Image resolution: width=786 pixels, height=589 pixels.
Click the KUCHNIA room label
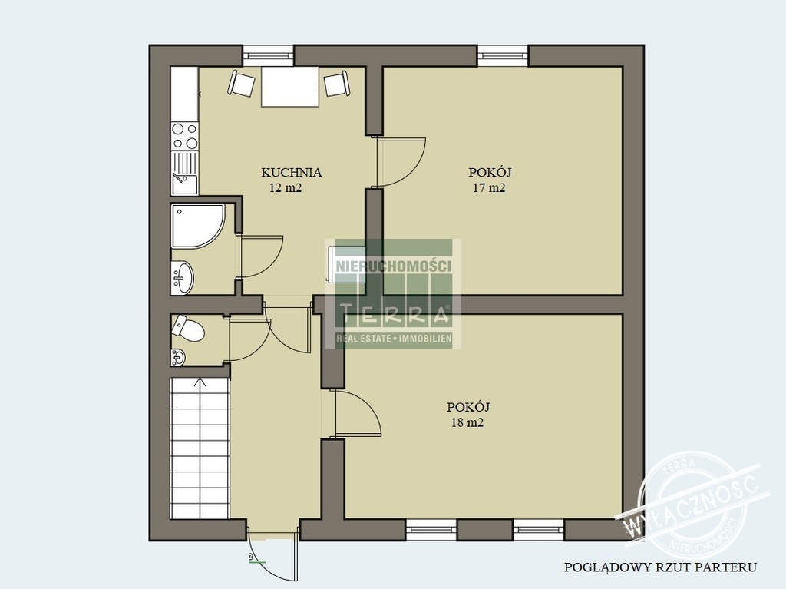[x=291, y=173]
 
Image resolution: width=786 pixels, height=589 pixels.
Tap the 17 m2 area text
[x=489, y=188]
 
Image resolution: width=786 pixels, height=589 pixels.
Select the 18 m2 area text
[x=467, y=422]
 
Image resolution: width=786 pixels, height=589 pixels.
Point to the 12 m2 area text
[x=286, y=188]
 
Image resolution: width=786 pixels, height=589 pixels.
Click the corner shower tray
[x=198, y=226]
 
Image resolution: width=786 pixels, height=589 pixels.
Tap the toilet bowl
[x=187, y=329]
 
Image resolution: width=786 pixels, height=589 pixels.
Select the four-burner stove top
[x=184, y=136]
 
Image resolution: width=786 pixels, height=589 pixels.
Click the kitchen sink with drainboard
[x=184, y=173]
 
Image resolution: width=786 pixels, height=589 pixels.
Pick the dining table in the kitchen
[x=290, y=86]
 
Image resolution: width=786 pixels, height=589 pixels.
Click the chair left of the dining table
[x=242, y=83]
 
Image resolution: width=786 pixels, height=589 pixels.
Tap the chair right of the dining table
[x=337, y=84]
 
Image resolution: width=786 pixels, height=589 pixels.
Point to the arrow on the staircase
[x=200, y=382]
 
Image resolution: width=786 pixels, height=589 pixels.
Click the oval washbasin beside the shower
[x=183, y=277]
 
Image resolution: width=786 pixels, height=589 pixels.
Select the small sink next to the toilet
[x=178, y=357]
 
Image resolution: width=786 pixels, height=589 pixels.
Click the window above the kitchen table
[x=268, y=56]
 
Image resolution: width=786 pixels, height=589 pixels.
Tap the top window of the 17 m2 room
[x=503, y=56]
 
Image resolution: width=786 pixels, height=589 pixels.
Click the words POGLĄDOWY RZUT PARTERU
[x=661, y=567]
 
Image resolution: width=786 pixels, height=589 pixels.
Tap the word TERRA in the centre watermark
[x=394, y=315]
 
